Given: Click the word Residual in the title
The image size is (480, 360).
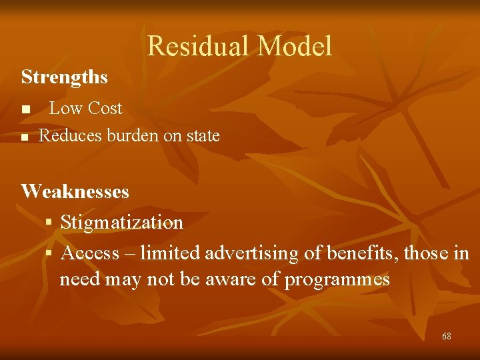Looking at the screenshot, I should tap(198, 46).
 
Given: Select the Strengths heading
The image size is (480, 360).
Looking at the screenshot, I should tap(64, 77).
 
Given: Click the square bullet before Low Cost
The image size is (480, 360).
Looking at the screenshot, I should tap(25, 109).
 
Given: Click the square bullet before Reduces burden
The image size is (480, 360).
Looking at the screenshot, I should tap(25, 137).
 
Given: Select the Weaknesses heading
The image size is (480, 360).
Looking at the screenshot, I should tap(75, 192).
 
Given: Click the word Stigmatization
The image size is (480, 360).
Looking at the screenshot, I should tap(121, 223).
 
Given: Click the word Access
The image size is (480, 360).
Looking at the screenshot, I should tap(89, 253).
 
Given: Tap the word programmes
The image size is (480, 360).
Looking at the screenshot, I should tap(337, 279).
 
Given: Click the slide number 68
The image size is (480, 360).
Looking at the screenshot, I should tap(446, 336).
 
